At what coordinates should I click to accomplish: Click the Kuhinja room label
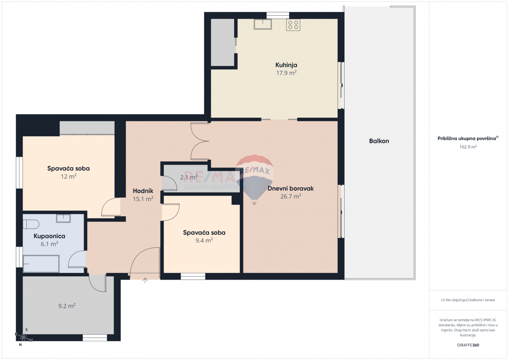pyautogui.click(x=286, y=65)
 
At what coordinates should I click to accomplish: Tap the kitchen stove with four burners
pyautogui.click(x=293, y=25)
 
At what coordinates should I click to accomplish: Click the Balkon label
pyautogui.click(x=379, y=141)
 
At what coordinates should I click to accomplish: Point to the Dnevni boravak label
pyautogui.click(x=291, y=188)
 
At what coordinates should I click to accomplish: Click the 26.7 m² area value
pyautogui.click(x=291, y=196)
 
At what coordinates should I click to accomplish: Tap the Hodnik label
pyautogui.click(x=143, y=191)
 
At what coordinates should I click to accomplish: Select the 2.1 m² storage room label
pyautogui.click(x=189, y=177)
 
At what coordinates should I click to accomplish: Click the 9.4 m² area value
pyautogui.click(x=204, y=240)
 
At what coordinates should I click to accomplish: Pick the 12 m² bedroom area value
pyautogui.click(x=68, y=176)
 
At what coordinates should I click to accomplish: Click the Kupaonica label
pyautogui.click(x=49, y=236)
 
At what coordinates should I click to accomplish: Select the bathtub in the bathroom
pyautogui.click(x=41, y=263)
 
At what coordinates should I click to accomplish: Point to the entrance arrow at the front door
pyautogui.click(x=145, y=280)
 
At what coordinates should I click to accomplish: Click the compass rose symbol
pyautogui.click(x=24, y=338)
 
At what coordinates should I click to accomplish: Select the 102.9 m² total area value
pyautogui.click(x=468, y=147)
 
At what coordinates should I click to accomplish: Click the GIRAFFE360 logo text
pyautogui.click(x=468, y=345)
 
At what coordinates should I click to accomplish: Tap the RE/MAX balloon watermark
pyautogui.click(x=255, y=178)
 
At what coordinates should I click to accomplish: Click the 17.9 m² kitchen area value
pyautogui.click(x=286, y=73)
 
